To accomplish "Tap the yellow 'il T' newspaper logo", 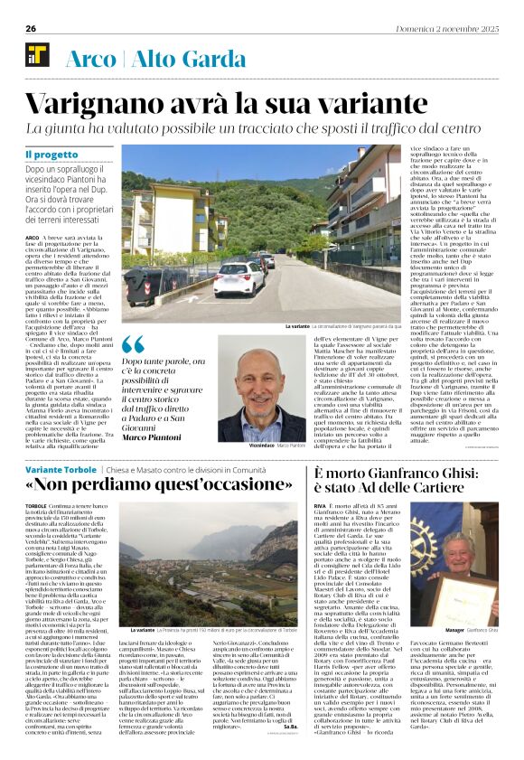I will [36, 56].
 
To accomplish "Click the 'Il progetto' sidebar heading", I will [51, 155].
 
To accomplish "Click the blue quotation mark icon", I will [133, 345].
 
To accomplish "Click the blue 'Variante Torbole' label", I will [60, 471].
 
